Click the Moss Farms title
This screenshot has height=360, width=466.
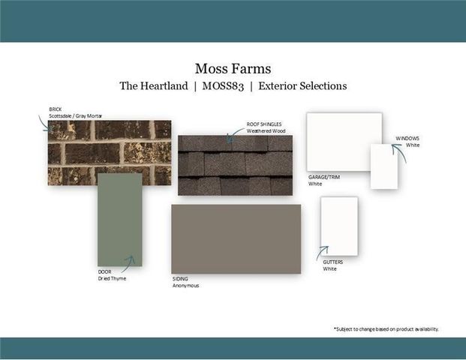(x=233, y=68)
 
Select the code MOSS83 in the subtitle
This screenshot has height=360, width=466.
(x=223, y=86)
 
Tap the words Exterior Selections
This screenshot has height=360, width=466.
(x=302, y=85)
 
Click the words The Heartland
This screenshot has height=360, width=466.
(x=154, y=85)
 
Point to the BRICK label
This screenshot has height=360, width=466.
(x=56, y=109)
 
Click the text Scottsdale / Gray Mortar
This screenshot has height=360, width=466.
(x=76, y=115)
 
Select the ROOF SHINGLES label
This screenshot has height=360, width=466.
(x=264, y=124)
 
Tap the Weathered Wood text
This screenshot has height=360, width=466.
(x=266, y=131)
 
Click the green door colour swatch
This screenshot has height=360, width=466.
(x=120, y=220)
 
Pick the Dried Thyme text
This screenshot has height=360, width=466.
(x=112, y=278)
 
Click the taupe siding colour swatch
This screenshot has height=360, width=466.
(x=236, y=239)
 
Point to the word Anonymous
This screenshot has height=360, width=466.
(x=186, y=286)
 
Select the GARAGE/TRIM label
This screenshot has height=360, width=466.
(x=324, y=177)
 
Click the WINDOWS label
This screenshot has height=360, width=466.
(x=407, y=139)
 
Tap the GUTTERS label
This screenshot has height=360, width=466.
(x=333, y=262)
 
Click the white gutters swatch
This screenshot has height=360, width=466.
(x=339, y=226)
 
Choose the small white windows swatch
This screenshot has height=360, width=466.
(x=384, y=166)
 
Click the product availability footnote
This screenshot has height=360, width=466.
(x=386, y=329)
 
